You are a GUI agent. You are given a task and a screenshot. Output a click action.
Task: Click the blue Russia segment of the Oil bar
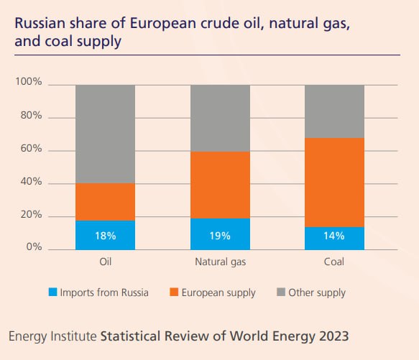coord(105,235)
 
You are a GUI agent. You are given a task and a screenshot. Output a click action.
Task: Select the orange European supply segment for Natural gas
coord(220,185)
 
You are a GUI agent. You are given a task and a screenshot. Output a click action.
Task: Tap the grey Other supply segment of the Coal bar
coord(335,111)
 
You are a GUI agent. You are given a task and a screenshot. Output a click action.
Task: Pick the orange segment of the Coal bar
coord(335,183)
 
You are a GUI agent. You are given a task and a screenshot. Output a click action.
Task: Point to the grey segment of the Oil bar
coord(105,134)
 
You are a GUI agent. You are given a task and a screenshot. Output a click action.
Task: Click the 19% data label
coord(220,236)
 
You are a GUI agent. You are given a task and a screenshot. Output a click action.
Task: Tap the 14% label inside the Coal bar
coord(334,236)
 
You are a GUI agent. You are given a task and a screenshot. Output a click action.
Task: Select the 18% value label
coord(106,236)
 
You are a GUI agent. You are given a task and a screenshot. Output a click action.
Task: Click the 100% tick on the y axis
coord(29,81)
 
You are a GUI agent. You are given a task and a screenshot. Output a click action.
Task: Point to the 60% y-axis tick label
coord(32,148)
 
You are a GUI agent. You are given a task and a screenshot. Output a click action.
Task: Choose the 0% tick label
coord(34,246)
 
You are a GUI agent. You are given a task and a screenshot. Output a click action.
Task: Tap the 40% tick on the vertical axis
coord(32,182)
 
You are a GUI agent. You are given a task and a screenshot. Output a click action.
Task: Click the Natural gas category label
coord(221,262)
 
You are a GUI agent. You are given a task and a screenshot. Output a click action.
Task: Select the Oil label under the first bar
coord(105,262)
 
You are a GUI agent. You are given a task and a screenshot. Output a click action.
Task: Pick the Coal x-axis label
coord(334,262)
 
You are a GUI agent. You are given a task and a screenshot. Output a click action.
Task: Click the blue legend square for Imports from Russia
coord(53,292)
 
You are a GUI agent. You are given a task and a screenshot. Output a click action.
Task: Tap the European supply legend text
coord(218,293)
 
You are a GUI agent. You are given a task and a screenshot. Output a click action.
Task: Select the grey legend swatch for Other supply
coord(281,292)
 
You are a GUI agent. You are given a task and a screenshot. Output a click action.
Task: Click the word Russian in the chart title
coord(40,23)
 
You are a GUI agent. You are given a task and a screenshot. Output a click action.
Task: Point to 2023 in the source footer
coord(334,336)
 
